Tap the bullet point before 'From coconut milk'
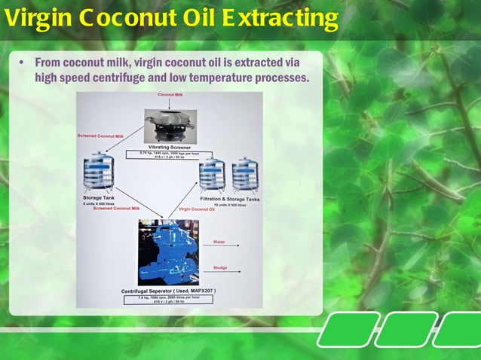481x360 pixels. [23, 62]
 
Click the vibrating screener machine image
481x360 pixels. [170, 124]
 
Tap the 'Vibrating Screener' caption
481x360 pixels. [170, 147]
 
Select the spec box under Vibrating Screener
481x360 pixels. [170, 154]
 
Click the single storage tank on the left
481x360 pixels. [98, 171]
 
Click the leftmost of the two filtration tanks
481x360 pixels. [212, 175]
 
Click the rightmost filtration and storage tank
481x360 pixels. [245, 175]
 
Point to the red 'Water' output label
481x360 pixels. [219, 242]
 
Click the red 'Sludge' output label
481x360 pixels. [219, 267]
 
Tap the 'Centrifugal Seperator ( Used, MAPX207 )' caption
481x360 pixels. [169, 291]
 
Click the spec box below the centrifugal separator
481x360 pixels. [169, 299]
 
